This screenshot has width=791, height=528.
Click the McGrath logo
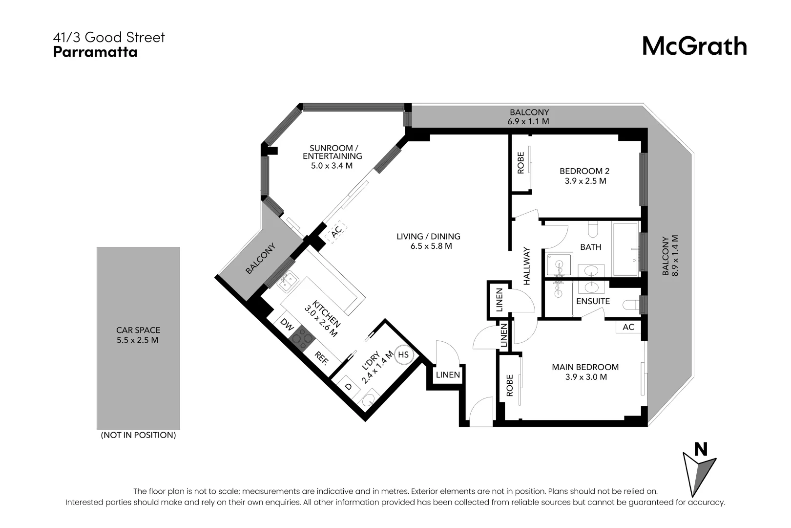pos(694,46)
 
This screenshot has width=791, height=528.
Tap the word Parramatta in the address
pos(95,52)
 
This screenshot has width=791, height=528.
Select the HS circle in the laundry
pos(403,354)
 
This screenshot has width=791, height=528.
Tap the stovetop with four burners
pos(301,338)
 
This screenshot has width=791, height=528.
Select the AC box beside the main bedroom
pos(628,327)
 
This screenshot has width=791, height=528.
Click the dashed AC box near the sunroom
pos(336,233)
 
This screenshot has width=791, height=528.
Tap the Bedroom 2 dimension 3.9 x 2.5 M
pos(585,181)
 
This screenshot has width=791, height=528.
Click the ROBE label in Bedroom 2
pos(520,163)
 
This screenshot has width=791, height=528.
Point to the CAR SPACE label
pos(138,330)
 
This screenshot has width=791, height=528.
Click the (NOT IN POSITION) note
pos(138,435)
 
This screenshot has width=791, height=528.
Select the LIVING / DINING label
pos(428,237)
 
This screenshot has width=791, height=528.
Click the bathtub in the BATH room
pos(625,249)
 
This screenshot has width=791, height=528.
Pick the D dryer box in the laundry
pos(348,386)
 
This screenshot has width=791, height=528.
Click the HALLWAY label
pos(527,266)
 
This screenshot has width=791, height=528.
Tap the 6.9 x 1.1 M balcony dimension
pos(529,121)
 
